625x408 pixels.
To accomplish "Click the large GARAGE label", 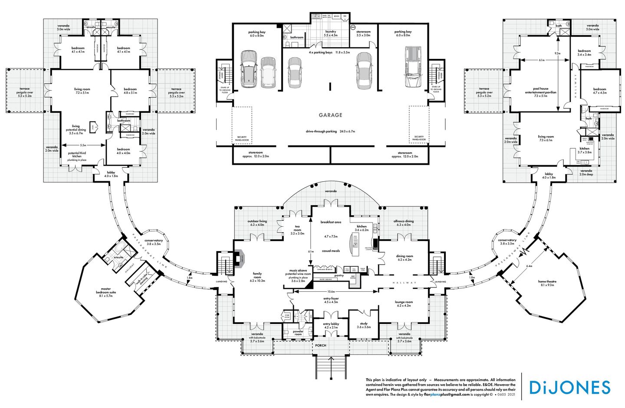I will (331, 115).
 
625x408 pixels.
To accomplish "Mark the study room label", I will (364, 325).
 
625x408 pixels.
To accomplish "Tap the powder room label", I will (298, 333).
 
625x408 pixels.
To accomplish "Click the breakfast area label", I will (331, 222).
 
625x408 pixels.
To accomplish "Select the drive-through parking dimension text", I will (330, 131).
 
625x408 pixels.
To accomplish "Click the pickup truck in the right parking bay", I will (413, 67).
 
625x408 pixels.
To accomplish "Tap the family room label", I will (257, 276).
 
